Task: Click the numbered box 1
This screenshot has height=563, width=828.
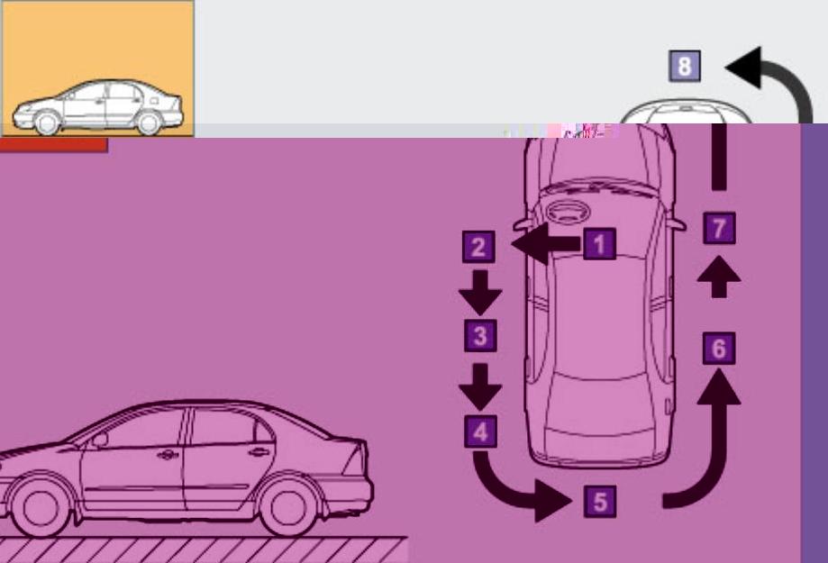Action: tap(599, 244)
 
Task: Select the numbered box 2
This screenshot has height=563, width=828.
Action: tap(478, 247)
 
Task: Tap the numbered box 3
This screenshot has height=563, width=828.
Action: tap(480, 335)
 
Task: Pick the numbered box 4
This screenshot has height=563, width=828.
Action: tap(480, 431)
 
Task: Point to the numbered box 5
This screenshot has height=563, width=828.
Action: tap(600, 501)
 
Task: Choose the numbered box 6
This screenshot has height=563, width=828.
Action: tap(719, 348)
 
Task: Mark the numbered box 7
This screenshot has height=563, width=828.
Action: tap(719, 228)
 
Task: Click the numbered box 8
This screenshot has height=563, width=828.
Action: tap(685, 66)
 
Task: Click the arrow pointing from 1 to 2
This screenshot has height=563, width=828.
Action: tap(546, 244)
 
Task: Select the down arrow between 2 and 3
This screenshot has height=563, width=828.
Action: tap(480, 293)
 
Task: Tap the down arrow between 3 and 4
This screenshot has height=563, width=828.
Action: tap(480, 386)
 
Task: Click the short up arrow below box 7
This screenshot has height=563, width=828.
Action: tap(719, 277)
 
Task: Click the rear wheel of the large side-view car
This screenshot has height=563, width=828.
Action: tap(288, 507)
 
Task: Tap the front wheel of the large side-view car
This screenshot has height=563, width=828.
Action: tap(41, 507)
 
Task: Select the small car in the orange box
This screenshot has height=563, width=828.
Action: tap(97, 107)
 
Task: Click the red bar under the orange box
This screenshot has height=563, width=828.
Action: tap(54, 145)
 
